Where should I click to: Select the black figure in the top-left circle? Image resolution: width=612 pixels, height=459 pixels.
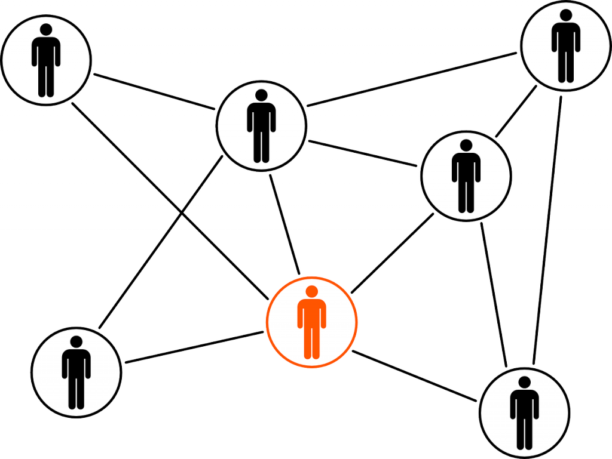pos(46,60)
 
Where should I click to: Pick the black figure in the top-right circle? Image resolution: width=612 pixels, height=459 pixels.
pos(565,46)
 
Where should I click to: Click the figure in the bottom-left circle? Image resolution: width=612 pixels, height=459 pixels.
pos(76,371)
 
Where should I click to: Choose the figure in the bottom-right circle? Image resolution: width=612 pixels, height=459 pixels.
pos(524,412)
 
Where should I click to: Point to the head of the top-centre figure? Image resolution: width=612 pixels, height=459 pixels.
pos(261,95)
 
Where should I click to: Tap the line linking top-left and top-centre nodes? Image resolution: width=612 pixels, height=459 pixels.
pos(154,92)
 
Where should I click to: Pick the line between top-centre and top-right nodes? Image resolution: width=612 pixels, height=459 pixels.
pos(412,80)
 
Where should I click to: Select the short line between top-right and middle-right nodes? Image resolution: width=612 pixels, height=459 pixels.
pos(516,112)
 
